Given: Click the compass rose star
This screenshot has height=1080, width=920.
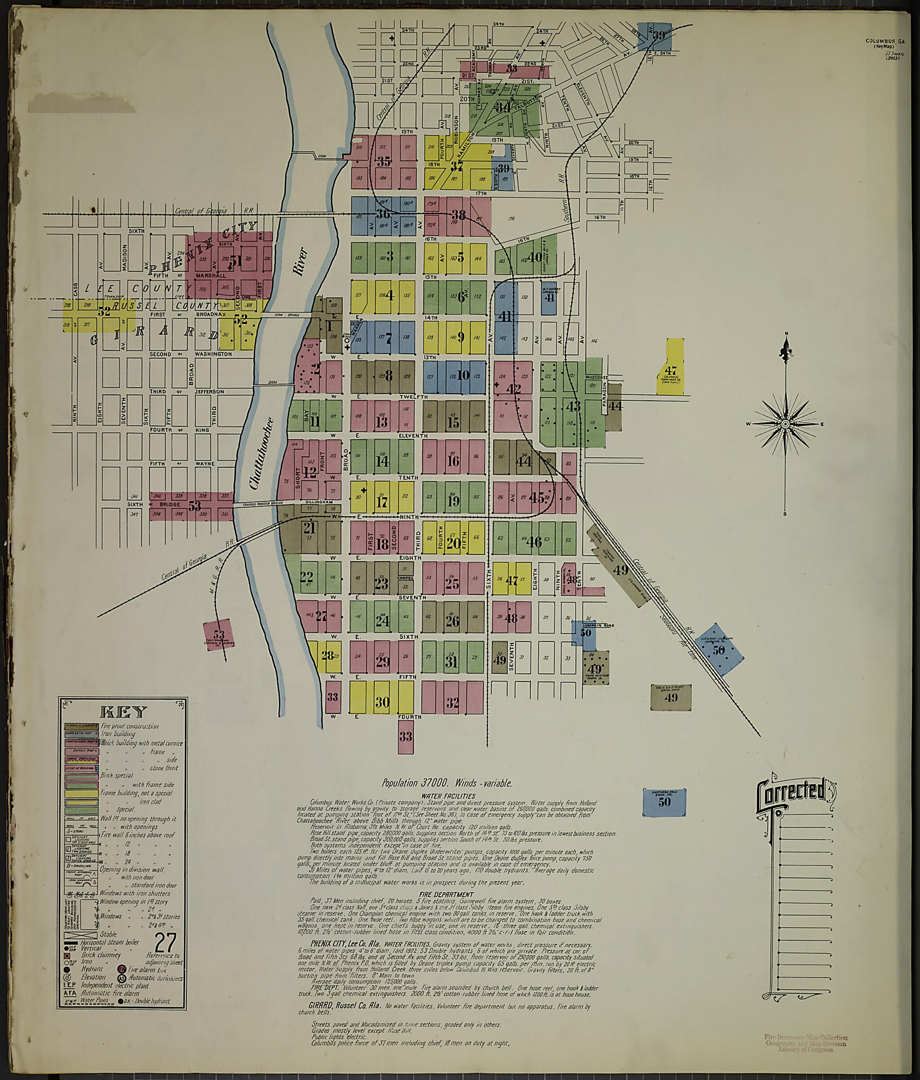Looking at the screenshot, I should click(784, 424).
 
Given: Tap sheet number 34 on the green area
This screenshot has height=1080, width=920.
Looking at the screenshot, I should click(504, 107).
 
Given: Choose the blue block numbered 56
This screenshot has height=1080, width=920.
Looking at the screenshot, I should click(719, 650).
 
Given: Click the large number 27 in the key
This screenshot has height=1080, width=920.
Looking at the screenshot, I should click(165, 941).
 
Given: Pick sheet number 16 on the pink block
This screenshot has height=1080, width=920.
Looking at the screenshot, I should click(453, 461).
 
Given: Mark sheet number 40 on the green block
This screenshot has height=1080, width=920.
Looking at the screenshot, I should click(535, 257).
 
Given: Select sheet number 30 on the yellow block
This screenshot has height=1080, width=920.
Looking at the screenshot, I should click(383, 702).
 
